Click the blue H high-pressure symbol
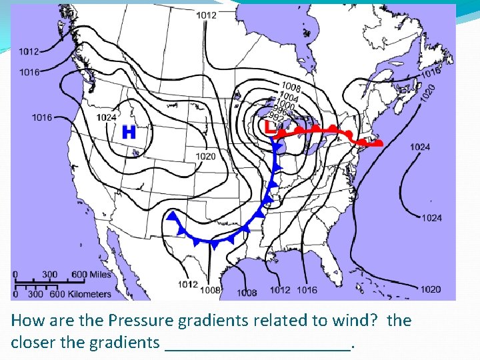coord(129,132)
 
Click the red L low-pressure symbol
coord(268,125)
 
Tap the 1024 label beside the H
coord(107,117)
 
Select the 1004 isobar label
coord(289,97)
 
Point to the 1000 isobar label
coord(285,105)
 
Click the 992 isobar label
coord(275,119)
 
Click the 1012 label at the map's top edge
coord(206,15)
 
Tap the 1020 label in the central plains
coord(205,156)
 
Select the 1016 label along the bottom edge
coord(307,290)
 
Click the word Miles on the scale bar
coord(100,275)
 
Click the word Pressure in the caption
coord(139,321)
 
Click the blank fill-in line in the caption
coord(257,345)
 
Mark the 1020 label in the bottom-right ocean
coord(431,289)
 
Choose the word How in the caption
coord(25,321)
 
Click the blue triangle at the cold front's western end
coord(173,216)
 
